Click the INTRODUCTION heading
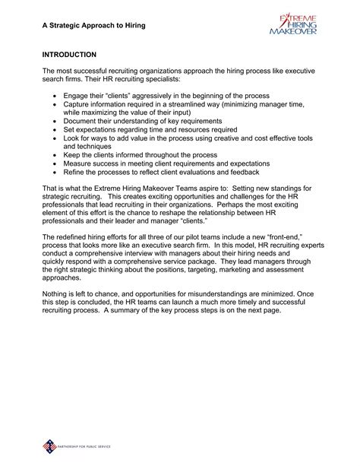tap(69, 55)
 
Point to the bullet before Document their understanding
tap(55, 121)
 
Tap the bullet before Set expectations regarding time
tap(55, 131)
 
